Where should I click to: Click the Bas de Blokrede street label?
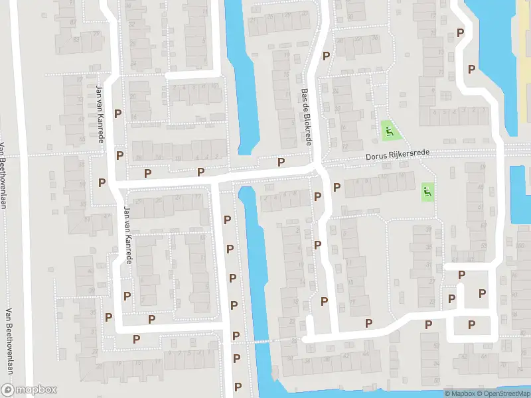point(306,118)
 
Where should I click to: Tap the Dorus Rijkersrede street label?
point(397,155)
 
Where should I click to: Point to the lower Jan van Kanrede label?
point(127,235)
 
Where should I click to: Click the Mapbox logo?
point(29,390)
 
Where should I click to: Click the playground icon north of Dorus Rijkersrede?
point(388,131)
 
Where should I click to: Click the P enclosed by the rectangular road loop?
point(471,324)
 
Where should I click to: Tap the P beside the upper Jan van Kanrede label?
point(117,113)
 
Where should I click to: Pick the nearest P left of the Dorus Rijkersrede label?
point(281,162)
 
